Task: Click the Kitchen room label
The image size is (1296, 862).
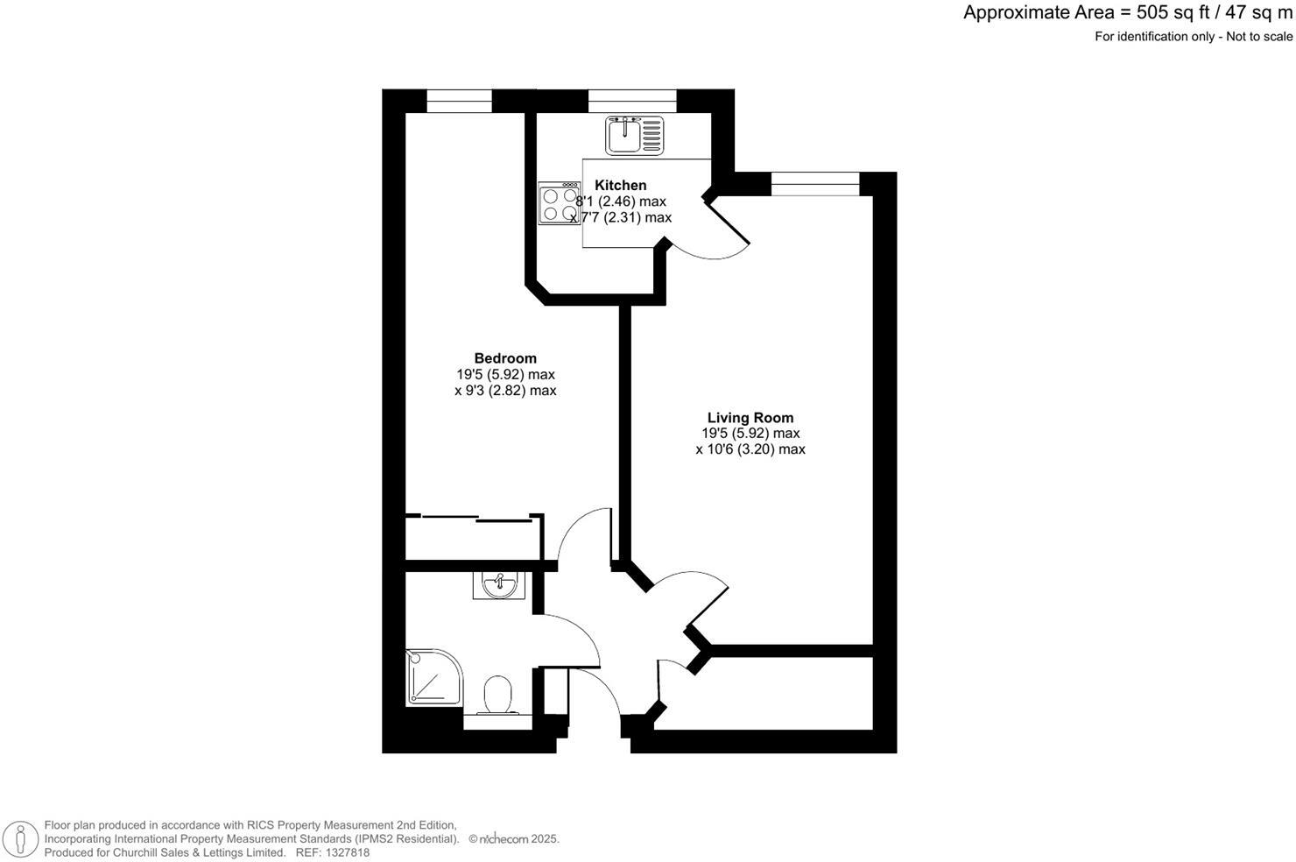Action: coord(620,185)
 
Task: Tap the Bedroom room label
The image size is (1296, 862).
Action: coord(505,358)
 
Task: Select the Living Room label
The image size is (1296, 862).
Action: coord(750,418)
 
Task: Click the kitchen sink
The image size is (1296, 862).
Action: coord(635,135)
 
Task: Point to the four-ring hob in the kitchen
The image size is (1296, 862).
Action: coord(559,203)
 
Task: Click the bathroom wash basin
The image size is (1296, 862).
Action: coord(498,584)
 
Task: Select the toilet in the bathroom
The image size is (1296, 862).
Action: coord(499,696)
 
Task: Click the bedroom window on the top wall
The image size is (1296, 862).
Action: coord(459,102)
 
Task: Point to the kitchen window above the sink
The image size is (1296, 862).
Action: coord(632,102)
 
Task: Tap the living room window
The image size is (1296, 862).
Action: coord(815,184)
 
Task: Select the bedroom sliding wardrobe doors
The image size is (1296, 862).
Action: coord(474,519)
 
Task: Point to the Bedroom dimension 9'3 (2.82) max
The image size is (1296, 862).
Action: coord(505,391)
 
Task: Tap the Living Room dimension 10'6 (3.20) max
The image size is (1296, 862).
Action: coord(750,449)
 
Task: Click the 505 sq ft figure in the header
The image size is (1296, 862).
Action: coord(1162,13)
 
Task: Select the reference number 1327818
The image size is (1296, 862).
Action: coord(345,852)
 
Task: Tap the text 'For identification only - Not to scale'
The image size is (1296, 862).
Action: coord(1193,37)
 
